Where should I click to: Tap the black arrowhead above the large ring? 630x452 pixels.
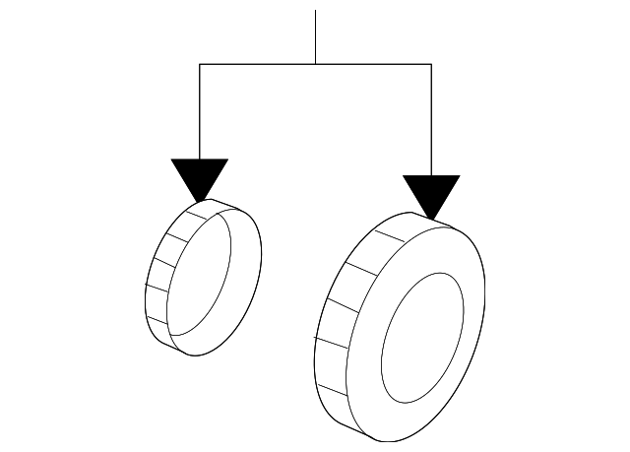tap(431, 193)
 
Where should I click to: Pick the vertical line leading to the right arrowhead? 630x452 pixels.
tap(431, 118)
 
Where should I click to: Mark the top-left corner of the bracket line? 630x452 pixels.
tap(200, 64)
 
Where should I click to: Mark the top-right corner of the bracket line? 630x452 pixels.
tap(431, 64)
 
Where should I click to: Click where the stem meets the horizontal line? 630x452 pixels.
tap(315, 64)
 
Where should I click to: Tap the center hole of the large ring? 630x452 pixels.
tap(422, 337)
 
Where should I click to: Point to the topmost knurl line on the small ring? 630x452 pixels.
tap(193, 209)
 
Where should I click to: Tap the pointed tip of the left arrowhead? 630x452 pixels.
tap(200, 201)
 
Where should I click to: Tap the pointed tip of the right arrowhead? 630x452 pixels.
tap(431, 218)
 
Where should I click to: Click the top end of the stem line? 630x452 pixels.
tap(315, 12)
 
